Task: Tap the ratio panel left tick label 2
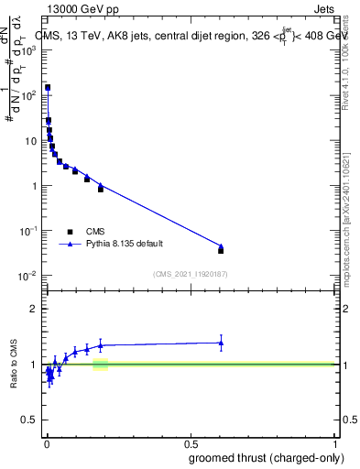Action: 37,308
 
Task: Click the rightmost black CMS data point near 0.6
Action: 221,250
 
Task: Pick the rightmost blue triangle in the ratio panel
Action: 221,343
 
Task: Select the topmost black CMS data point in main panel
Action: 48,88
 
